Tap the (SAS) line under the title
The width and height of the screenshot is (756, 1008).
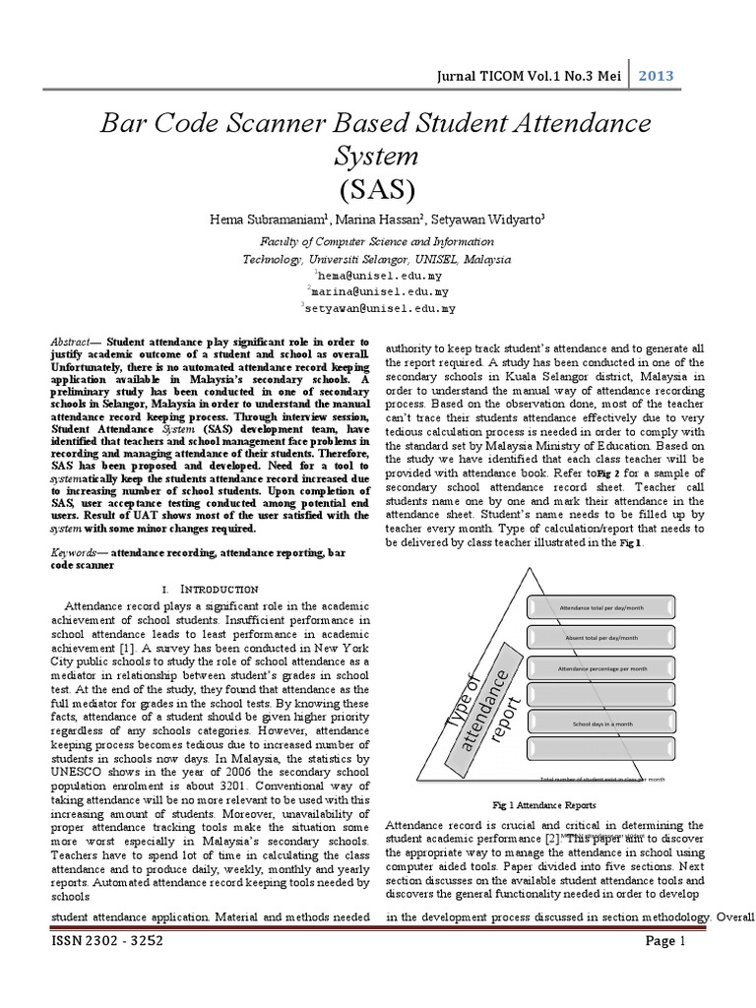377,188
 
